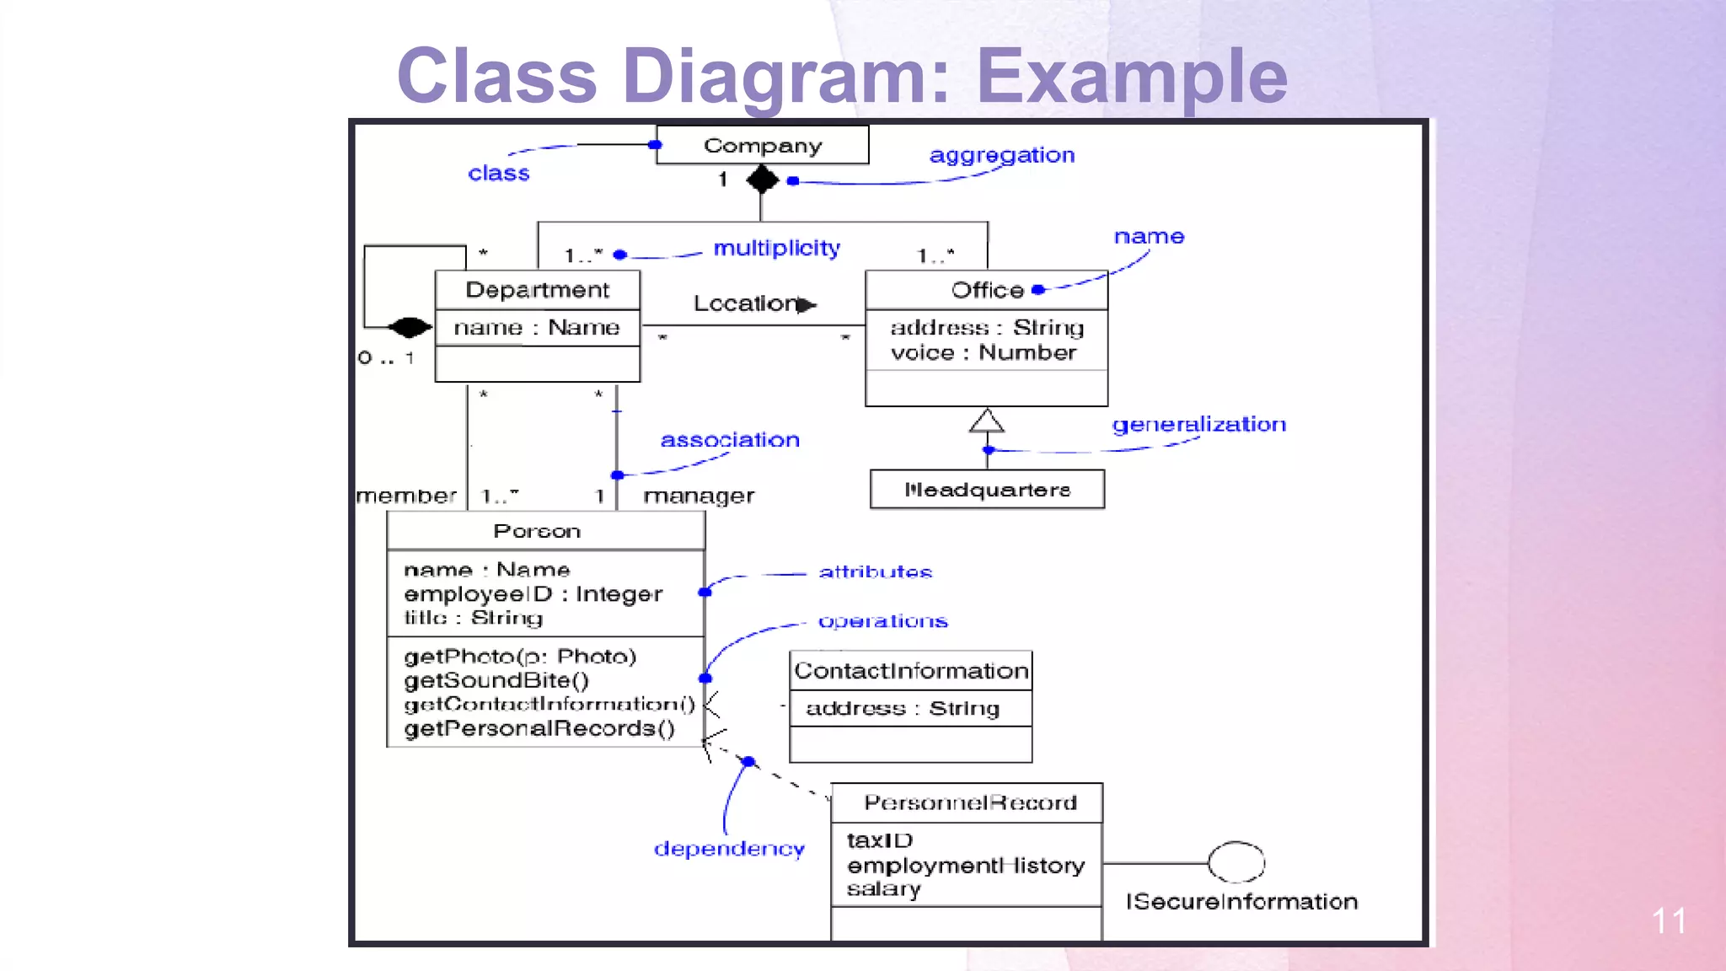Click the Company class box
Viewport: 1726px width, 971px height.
click(762, 145)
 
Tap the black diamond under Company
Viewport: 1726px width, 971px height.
click(762, 179)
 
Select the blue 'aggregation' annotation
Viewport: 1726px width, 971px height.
click(1001, 155)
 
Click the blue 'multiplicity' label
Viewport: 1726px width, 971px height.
click(776, 248)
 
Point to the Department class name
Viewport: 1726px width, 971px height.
click(537, 290)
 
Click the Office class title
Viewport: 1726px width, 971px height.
click(986, 290)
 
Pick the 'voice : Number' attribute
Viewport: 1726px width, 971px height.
click(983, 352)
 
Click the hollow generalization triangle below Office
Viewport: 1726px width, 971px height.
click(986, 421)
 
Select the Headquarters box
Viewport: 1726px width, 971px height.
click(987, 490)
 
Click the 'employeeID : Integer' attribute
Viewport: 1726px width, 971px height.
click(533, 594)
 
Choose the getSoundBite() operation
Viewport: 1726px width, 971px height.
click(496, 680)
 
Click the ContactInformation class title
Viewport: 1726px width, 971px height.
click(910, 671)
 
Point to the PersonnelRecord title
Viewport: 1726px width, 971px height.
click(970, 802)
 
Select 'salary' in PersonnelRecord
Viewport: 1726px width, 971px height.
click(883, 889)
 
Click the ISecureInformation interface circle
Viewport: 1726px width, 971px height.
click(1236, 862)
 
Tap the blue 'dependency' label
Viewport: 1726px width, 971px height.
click(729, 849)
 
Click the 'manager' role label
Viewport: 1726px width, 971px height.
click(699, 496)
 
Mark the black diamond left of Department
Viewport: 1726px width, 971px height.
click(410, 326)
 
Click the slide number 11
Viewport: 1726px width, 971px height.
click(1668, 920)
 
